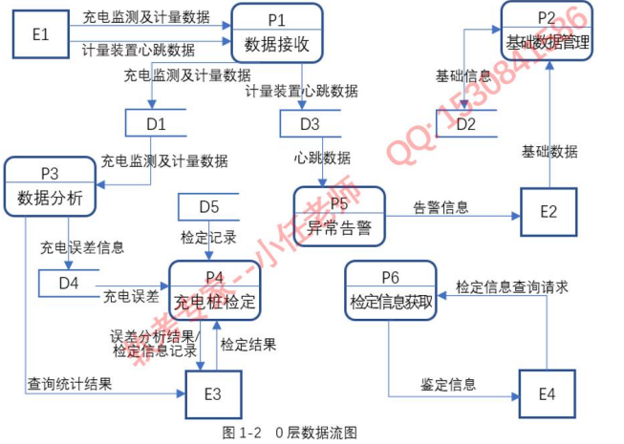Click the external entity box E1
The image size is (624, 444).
tap(40, 34)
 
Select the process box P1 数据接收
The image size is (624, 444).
tap(277, 33)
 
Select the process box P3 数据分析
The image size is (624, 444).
tap(50, 186)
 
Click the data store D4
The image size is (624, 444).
tap(69, 283)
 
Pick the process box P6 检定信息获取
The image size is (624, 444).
tap(390, 291)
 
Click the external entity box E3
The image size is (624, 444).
tap(212, 392)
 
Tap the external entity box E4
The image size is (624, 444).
tap(547, 392)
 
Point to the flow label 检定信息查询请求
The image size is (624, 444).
tap(511, 285)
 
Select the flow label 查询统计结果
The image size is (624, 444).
tap(69, 384)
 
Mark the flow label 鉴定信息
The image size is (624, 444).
tap(448, 384)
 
